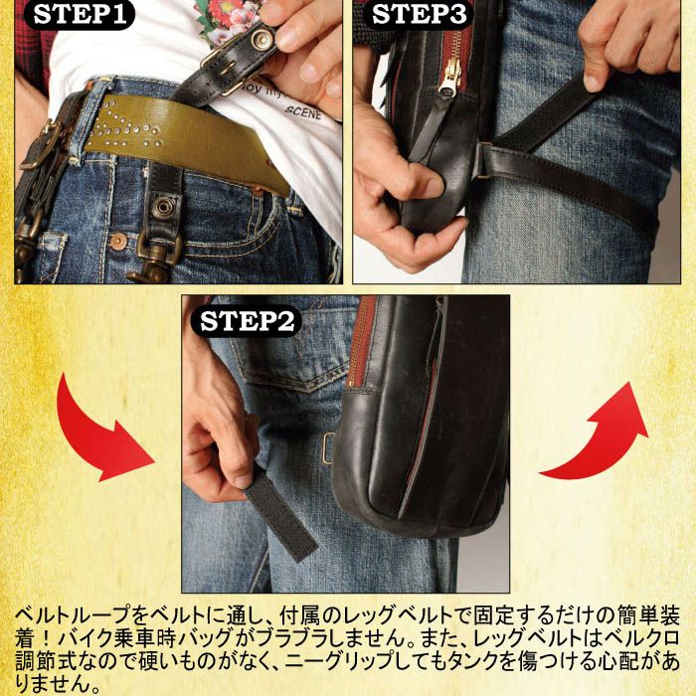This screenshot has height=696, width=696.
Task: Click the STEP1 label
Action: tap(80, 14)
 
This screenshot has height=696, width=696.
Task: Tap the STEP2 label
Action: tap(247, 321)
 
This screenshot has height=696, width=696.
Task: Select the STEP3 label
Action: tap(419, 14)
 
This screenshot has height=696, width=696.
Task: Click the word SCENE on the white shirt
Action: tap(302, 111)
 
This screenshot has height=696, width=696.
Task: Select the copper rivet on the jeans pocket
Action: tap(118, 241)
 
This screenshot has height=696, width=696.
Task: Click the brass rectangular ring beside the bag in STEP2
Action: tap(328, 447)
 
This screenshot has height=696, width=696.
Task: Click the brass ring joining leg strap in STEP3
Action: tap(480, 161)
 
